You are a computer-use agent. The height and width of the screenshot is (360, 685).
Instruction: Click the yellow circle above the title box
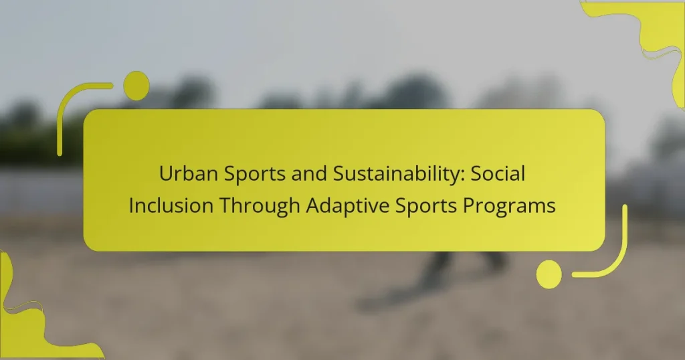click(x=136, y=86)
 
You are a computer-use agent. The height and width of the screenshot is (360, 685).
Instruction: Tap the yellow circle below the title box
click(x=549, y=274)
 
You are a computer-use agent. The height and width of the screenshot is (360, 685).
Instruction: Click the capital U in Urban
click(x=165, y=173)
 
